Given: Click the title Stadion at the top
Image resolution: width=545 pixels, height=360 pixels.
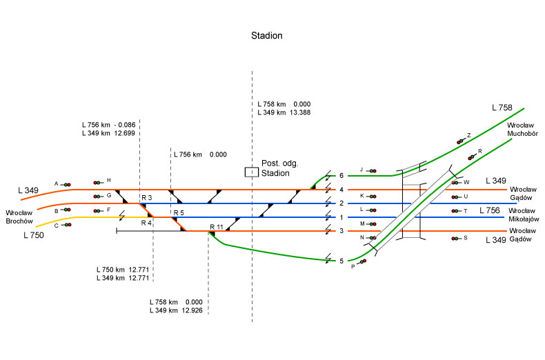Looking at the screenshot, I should point(266,34).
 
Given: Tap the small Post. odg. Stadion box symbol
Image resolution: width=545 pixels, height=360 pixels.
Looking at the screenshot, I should point(252,172).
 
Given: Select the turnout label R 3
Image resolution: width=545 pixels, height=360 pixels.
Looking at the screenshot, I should point(146,198).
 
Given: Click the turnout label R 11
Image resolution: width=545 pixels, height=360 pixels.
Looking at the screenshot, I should point(216,226).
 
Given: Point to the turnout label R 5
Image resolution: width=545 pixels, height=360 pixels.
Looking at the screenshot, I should point(179,212).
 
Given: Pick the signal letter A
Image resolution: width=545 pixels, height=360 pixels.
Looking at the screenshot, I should point(57,183).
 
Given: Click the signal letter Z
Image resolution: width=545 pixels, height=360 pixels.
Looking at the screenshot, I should point(468,136).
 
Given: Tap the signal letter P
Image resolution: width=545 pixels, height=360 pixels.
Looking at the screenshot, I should point(353,266).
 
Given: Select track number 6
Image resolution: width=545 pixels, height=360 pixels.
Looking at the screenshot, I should point(341,176).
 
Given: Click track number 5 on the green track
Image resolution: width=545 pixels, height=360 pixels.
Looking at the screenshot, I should point(341,261).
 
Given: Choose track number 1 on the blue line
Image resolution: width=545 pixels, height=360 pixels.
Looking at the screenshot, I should point(341,217).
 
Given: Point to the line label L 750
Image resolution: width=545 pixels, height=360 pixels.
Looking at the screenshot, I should point(33,236).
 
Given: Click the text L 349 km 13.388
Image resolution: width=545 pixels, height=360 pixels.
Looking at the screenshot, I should point(283,112).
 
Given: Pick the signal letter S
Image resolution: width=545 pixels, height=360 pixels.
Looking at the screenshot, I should point(466,237).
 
